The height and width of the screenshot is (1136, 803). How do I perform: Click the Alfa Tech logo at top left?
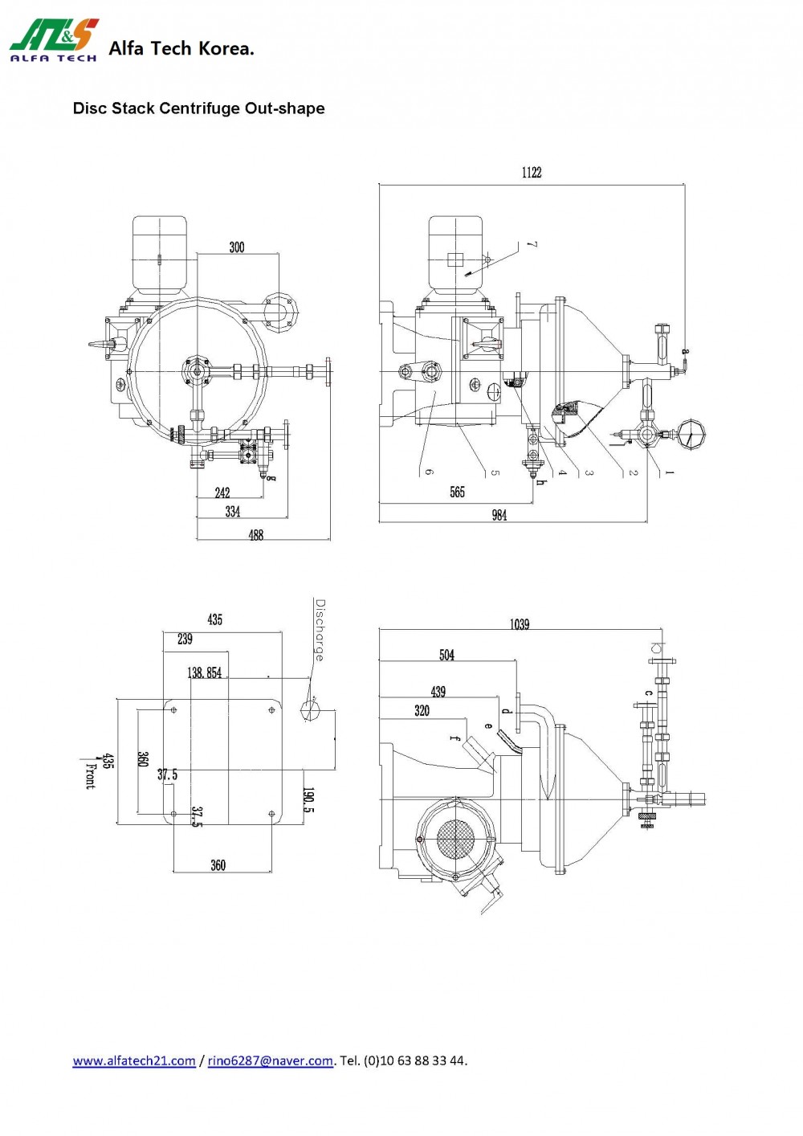coord(54,40)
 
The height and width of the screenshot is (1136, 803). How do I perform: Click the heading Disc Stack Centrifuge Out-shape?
coord(198,108)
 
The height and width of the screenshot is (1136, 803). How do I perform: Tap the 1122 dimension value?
coord(532,173)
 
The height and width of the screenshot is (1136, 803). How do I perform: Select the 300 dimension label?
coord(237,247)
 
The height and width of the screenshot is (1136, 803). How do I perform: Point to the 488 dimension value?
coord(256,535)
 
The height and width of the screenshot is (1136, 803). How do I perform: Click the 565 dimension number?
coord(457,492)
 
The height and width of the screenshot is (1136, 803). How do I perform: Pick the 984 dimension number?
coord(499,515)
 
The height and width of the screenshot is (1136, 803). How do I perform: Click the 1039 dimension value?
coord(520,624)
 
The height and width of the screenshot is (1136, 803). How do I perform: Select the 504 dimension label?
coord(447,656)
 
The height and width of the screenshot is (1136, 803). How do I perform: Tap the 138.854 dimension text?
coord(205,673)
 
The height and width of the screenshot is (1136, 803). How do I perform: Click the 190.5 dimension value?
coord(308,800)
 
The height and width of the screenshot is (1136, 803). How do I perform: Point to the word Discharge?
coord(320,630)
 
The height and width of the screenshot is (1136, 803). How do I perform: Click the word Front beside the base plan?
coord(90,774)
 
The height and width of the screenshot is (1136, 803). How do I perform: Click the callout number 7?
coord(532,245)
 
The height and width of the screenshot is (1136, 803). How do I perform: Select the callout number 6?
coord(429,472)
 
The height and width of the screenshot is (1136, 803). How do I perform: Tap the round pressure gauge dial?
coord(690,435)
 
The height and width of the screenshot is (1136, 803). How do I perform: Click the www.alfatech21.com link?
coord(134,1060)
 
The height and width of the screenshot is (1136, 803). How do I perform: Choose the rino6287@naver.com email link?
coord(270,1060)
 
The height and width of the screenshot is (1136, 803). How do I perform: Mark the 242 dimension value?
coord(222,492)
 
